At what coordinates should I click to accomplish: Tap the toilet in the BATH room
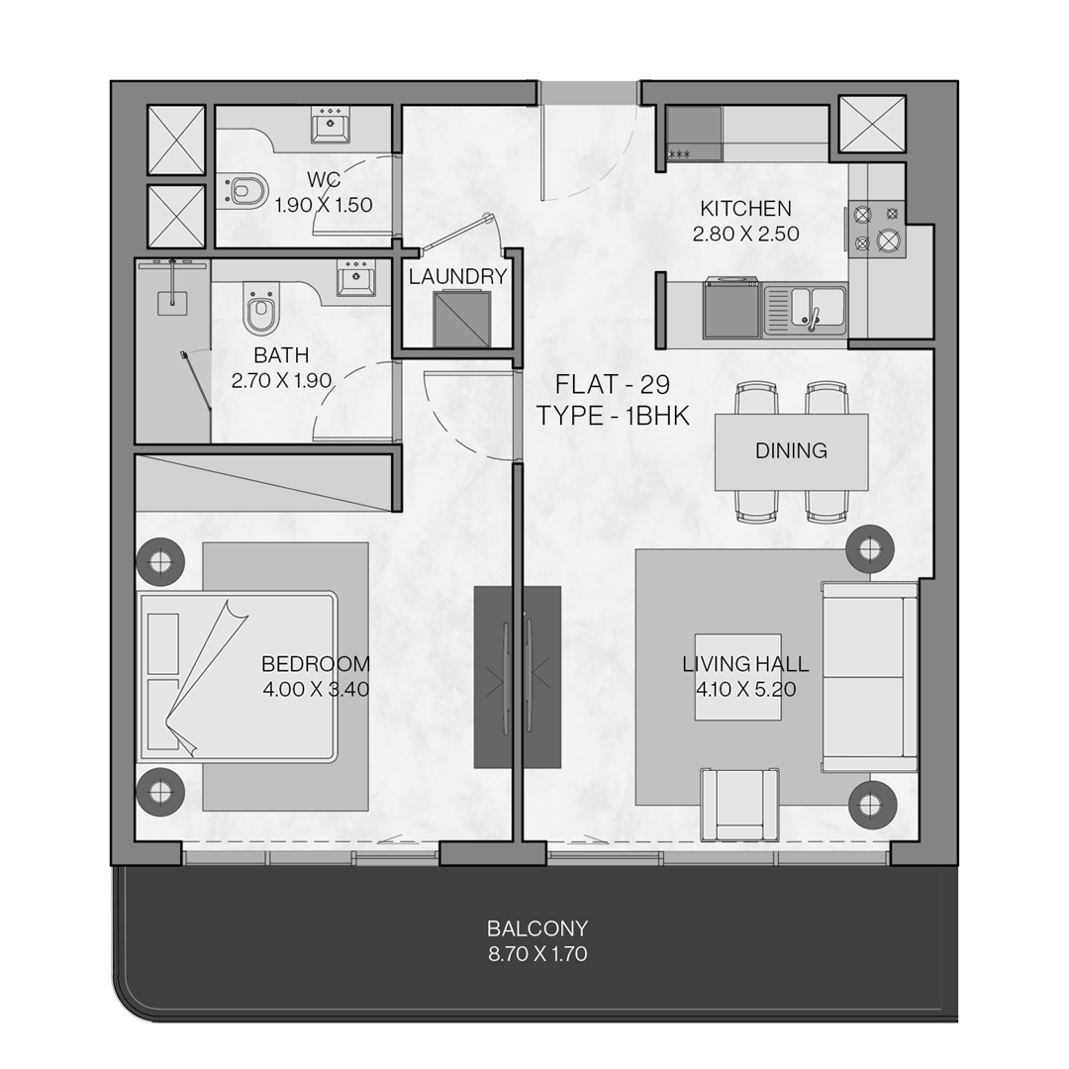click(259, 310)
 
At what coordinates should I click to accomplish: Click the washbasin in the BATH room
click(355, 279)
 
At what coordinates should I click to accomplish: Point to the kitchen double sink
click(806, 310)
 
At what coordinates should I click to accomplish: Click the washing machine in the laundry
click(461, 318)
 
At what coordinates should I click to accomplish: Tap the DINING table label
click(791, 450)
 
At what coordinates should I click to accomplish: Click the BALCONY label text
click(537, 928)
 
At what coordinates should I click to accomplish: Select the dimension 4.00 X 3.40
click(316, 689)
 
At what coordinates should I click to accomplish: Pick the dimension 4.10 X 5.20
click(746, 689)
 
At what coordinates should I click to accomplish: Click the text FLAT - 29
click(613, 384)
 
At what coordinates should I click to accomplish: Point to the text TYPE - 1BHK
click(614, 415)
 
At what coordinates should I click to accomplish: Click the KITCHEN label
click(746, 208)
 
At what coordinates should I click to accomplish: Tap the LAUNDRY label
click(458, 276)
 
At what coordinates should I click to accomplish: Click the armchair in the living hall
click(739, 804)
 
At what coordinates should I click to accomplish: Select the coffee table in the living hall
click(738, 677)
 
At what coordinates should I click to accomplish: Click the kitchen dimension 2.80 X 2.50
click(746, 234)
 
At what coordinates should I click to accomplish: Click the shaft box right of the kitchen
click(872, 124)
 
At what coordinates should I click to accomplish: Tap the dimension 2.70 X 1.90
click(281, 380)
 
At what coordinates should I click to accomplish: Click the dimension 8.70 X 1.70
click(537, 954)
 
